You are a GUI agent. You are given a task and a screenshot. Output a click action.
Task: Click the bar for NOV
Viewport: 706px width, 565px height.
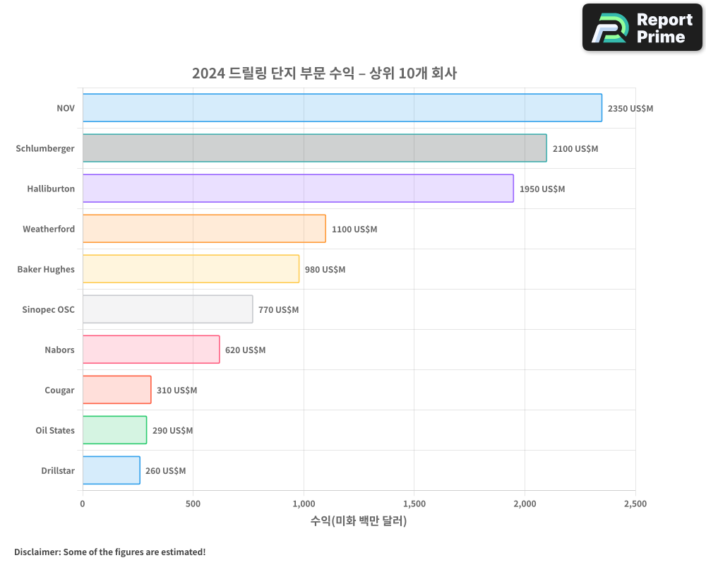[342, 108]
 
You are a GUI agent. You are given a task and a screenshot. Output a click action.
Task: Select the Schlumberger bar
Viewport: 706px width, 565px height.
[314, 148]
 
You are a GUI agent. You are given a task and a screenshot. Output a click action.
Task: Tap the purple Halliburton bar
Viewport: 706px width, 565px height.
[298, 189]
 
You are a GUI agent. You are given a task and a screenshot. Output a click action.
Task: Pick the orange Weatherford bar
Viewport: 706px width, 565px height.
[204, 229]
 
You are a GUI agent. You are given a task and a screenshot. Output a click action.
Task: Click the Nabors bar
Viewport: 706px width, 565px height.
[151, 350]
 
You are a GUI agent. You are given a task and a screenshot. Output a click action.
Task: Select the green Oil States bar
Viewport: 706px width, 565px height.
[114, 430]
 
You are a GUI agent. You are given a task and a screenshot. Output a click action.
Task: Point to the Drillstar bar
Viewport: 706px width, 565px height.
[111, 470]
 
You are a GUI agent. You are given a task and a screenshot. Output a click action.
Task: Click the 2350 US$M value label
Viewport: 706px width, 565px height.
[630, 109]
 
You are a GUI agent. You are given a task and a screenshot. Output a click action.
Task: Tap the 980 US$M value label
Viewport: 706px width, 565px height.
[325, 270]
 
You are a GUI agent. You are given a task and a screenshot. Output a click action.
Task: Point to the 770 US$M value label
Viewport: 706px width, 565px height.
[278, 310]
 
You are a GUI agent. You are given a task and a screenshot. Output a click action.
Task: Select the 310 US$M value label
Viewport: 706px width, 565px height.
[176, 391]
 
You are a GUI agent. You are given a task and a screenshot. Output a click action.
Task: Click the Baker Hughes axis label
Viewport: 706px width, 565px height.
[46, 270]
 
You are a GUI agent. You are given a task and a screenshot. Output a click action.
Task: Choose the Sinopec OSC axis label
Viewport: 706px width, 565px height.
[48, 310]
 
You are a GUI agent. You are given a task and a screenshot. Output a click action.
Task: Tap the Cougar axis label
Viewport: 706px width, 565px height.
[59, 391]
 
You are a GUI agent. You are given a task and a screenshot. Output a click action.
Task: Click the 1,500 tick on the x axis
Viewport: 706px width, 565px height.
[414, 504]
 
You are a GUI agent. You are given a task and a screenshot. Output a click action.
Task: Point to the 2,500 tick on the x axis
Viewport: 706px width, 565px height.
[635, 504]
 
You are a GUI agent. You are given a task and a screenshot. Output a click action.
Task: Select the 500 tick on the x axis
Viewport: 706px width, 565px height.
[193, 504]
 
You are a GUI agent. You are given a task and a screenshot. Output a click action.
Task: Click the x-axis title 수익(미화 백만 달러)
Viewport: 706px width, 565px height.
[359, 521]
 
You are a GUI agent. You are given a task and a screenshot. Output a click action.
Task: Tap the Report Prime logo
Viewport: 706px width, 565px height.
[642, 28]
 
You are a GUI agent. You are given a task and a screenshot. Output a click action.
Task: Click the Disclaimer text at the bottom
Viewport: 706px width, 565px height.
[110, 552]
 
